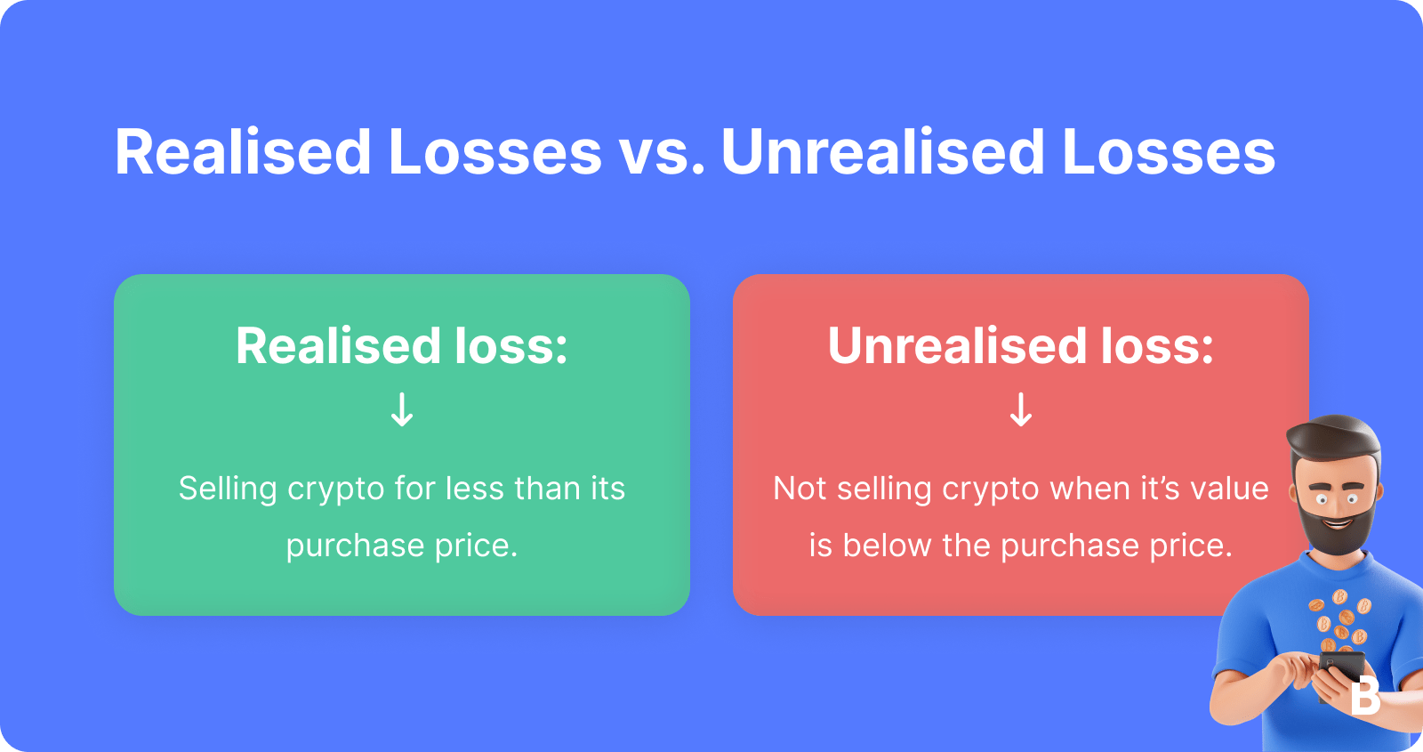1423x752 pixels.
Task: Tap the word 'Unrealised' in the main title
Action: pyautogui.click(x=882, y=152)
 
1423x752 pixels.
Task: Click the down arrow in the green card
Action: pyautogui.click(x=402, y=410)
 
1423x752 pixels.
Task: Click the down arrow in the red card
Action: pyautogui.click(x=1021, y=410)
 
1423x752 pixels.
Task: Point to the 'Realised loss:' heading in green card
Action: pyautogui.click(x=402, y=345)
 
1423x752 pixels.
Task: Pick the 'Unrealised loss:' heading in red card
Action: pyautogui.click(x=1021, y=345)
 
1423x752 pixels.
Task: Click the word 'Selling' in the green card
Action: pyautogui.click(x=228, y=489)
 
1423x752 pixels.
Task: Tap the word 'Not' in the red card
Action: pyautogui.click(x=800, y=489)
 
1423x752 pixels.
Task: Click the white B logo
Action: pyautogui.click(x=1364, y=696)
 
